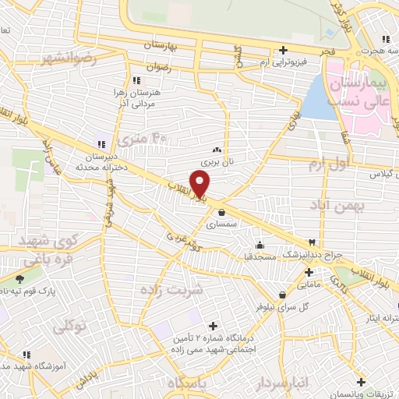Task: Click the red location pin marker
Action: [200, 183]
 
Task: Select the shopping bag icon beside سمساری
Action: [222, 211]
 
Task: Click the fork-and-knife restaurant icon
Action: [313, 242]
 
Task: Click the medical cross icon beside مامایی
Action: [309, 273]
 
